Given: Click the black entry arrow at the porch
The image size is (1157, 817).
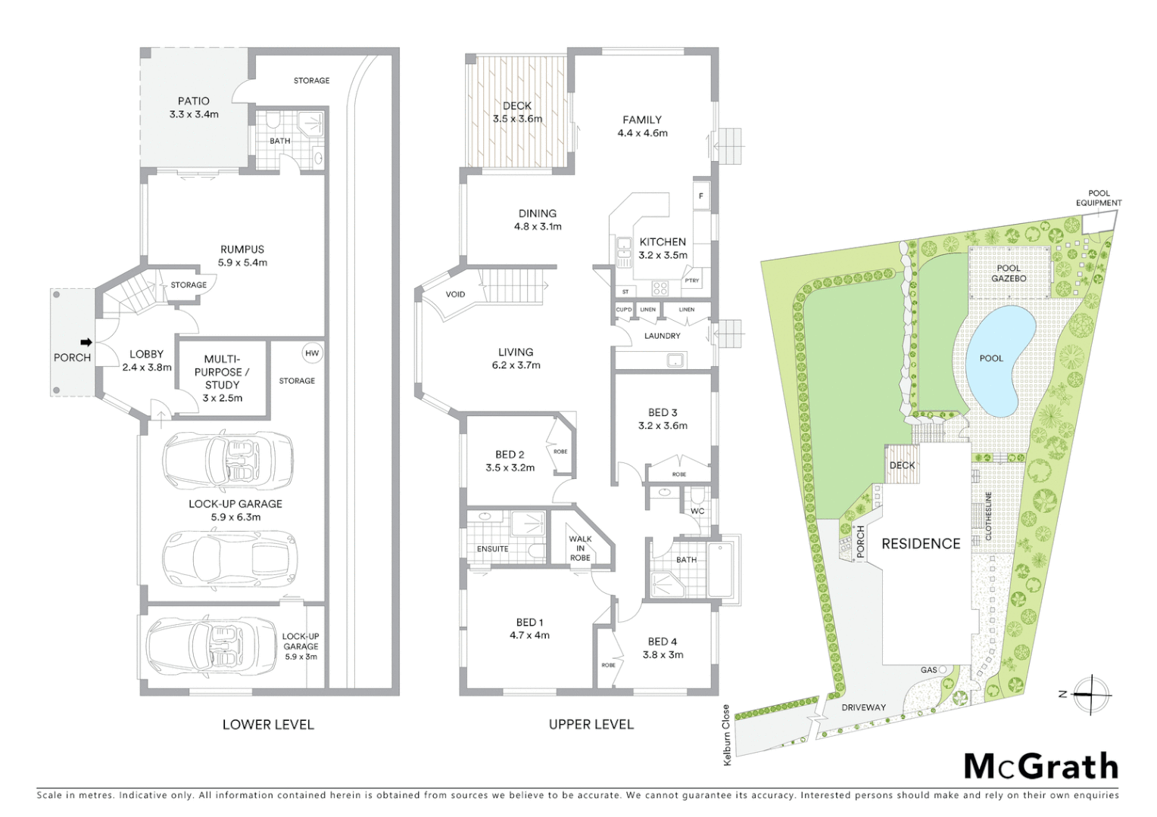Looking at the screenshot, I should pos(86,342).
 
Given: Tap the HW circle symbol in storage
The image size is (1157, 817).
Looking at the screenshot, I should pos(312,353).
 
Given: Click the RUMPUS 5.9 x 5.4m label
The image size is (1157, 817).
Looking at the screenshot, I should pos(242,256).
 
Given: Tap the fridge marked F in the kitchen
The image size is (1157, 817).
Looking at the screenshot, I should pos(701,197).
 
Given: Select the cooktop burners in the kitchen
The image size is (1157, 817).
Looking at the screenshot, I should pos(660,287).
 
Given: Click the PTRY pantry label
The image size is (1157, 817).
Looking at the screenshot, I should pos(692,281).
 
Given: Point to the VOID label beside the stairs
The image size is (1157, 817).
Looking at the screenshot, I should pos(455,294).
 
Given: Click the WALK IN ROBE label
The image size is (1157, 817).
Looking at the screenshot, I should pos(580,548).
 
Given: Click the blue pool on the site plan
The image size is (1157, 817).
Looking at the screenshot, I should pos(1000,359).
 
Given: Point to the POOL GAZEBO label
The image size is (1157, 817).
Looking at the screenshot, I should pos(1009,273).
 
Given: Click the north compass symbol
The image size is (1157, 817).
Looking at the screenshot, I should pos(1090,694).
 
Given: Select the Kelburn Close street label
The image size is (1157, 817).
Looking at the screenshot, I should pos(727,735).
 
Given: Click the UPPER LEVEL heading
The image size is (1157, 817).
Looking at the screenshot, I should pos(591,724).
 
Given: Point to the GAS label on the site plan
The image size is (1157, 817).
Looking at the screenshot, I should pos(929,669).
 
